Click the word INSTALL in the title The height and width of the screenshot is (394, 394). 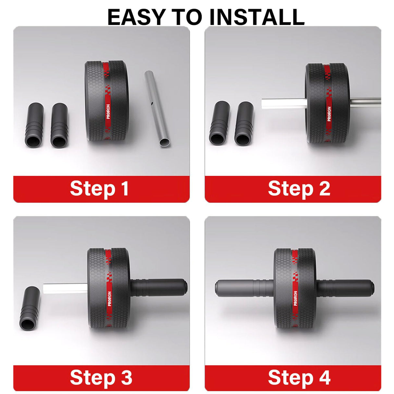pos(257,17)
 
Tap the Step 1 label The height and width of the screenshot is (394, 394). pos(99,189)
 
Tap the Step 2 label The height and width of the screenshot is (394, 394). pos(299,189)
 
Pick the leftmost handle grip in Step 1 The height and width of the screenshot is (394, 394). pos(34,125)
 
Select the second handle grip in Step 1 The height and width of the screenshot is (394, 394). pos(59,125)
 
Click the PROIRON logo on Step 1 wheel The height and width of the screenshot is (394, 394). pos(108,111)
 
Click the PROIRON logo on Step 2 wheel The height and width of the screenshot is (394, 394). pos(329,114)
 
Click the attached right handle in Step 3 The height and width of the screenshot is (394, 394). pos(159,288)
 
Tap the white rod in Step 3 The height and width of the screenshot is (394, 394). pos(66,289)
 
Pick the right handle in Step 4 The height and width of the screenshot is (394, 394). pos(345,289)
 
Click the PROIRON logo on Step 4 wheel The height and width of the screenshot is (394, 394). pos(295,298)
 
